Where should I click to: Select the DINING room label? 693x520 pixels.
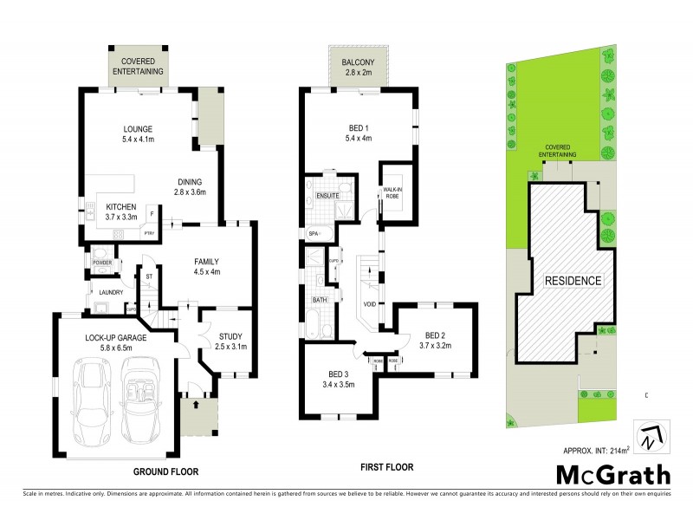pyautogui.click(x=190, y=186)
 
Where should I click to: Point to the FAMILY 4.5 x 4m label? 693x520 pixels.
pyautogui.click(x=205, y=266)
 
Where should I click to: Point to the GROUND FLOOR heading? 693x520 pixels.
pyautogui.click(x=165, y=472)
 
